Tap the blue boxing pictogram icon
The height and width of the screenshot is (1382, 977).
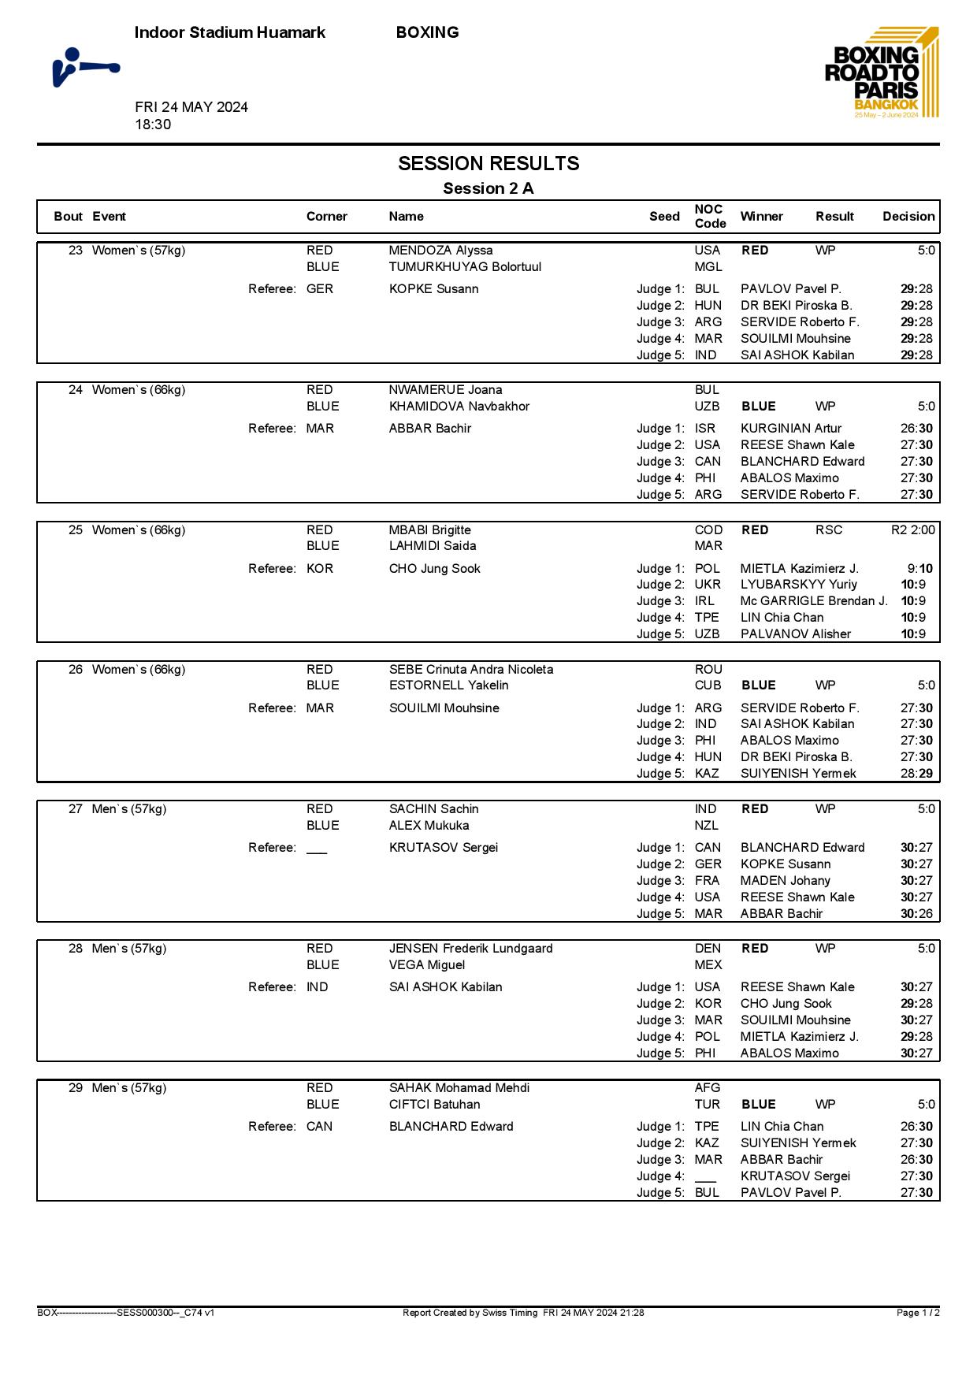(x=85, y=68)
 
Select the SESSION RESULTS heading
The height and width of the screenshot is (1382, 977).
(x=489, y=163)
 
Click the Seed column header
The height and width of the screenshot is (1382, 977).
(x=664, y=217)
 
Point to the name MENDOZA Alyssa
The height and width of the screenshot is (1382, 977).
(x=440, y=251)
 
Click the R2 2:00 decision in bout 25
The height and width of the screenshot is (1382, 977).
(x=912, y=530)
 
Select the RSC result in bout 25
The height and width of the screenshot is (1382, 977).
(x=828, y=530)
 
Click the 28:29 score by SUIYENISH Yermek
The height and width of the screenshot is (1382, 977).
(x=916, y=774)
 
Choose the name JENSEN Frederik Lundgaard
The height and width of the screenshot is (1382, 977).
(x=470, y=949)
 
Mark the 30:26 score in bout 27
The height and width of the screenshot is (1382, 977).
(x=916, y=914)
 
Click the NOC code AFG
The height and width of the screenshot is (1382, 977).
(x=707, y=1088)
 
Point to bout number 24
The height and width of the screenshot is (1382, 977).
(x=76, y=390)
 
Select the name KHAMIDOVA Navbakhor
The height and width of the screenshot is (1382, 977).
(x=459, y=407)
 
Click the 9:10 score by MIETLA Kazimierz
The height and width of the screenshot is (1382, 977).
(x=919, y=569)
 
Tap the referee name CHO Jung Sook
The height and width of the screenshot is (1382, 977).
(x=434, y=569)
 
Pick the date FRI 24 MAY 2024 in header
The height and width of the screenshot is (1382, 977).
(x=191, y=107)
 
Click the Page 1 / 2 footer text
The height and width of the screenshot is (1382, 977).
(x=918, y=1313)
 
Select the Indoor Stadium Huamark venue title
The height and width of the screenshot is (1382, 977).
(x=229, y=32)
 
